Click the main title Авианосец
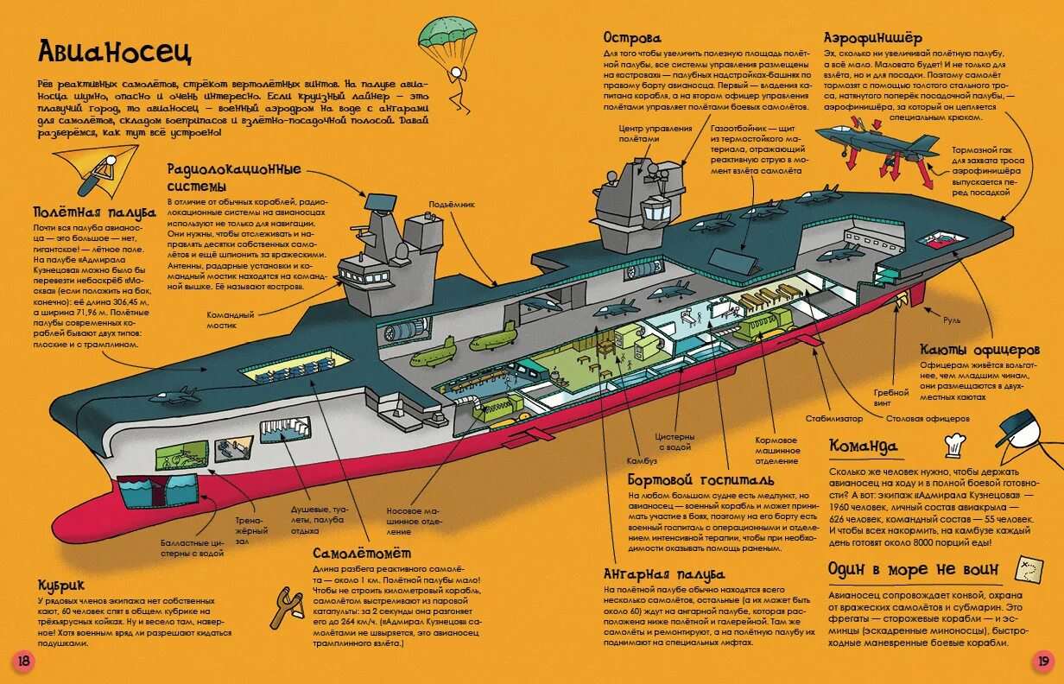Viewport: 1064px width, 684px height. [114, 52]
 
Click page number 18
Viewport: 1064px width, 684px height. [23, 661]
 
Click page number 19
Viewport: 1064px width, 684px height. [1042, 661]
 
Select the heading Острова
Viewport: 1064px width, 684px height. [631, 38]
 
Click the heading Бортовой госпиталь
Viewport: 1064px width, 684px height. [701, 479]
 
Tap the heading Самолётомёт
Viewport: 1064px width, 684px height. [362, 553]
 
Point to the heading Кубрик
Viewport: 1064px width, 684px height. [61, 585]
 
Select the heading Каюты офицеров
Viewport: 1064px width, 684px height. [979, 350]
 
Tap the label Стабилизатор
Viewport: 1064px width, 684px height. [834, 418]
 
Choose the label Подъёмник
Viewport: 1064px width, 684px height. [450, 205]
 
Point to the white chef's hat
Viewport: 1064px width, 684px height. [953, 444]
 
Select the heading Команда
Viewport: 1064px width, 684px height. [863, 446]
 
